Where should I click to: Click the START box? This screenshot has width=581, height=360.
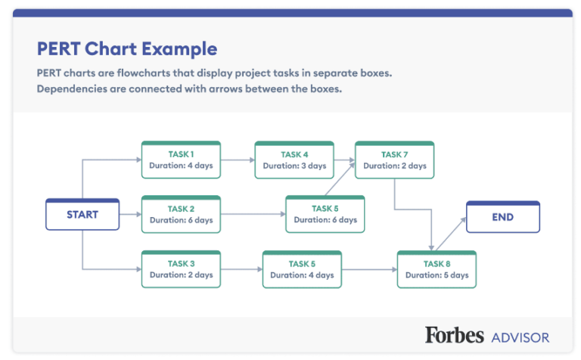(x=82, y=215)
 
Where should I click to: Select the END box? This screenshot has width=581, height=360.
(x=502, y=217)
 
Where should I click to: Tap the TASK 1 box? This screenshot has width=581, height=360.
(x=181, y=160)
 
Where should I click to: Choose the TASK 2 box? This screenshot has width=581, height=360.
(x=181, y=215)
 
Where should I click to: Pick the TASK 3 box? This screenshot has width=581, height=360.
(x=181, y=269)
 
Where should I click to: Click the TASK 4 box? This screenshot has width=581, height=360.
(x=294, y=160)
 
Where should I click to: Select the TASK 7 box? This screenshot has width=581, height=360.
(x=394, y=160)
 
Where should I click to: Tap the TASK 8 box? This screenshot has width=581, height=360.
(x=437, y=269)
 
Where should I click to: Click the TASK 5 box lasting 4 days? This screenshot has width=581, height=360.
(x=302, y=269)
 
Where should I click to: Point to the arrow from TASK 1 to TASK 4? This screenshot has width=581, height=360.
(x=238, y=160)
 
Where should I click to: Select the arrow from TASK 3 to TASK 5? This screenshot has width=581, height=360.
(x=241, y=269)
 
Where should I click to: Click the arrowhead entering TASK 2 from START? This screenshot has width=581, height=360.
(x=138, y=215)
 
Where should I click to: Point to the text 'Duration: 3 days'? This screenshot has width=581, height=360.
(x=294, y=166)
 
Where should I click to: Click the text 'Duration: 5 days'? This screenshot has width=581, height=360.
(x=437, y=275)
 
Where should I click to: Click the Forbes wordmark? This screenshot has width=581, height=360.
(x=454, y=335)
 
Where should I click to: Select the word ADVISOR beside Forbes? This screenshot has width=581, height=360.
(x=520, y=337)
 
